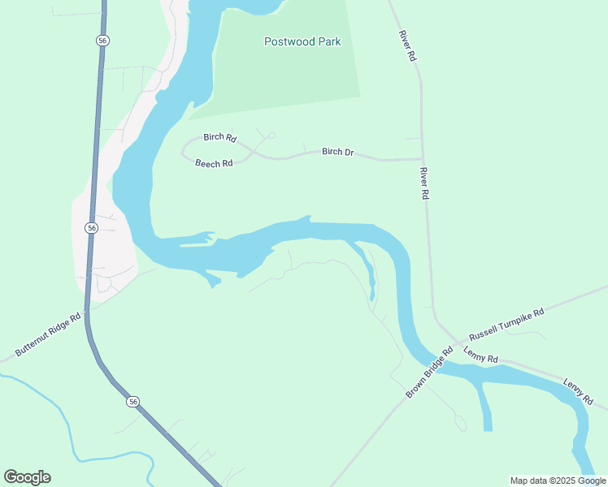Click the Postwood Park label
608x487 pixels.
302,41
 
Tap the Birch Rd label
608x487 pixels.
219,138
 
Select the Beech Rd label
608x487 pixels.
214,163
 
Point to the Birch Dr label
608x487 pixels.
338,152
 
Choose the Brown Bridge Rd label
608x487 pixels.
429,373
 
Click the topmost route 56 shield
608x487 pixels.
102,40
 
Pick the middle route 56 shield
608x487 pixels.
92,228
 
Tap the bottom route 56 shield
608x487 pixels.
133,401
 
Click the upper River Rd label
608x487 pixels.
407,46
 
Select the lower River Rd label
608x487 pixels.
423,183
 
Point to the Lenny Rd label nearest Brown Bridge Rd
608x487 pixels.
480,355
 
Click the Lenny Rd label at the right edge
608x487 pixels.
579,390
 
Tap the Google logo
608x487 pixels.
28,476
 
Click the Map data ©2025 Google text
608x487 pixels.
558,481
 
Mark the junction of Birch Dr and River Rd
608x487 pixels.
422,159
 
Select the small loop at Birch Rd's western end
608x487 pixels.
187,149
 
